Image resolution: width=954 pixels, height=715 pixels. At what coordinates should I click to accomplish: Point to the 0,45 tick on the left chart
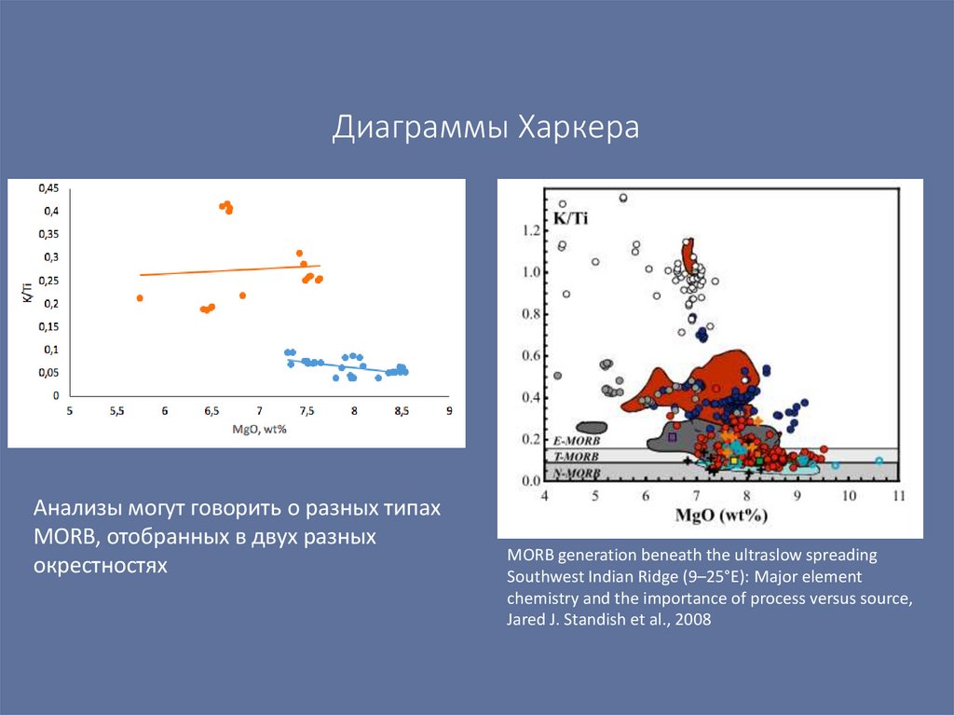(48, 187)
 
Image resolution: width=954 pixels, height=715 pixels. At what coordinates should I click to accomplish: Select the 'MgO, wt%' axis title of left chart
(259, 428)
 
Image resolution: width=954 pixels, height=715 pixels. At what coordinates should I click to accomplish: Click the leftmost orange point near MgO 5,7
(140, 298)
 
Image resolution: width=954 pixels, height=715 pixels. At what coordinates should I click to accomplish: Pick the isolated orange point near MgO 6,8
(242, 296)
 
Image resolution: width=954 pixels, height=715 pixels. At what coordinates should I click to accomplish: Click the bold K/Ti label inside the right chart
(572, 217)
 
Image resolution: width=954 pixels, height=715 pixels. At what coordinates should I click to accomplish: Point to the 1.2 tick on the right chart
(532, 229)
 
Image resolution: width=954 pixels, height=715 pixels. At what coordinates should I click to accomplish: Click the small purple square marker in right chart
(672, 436)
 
